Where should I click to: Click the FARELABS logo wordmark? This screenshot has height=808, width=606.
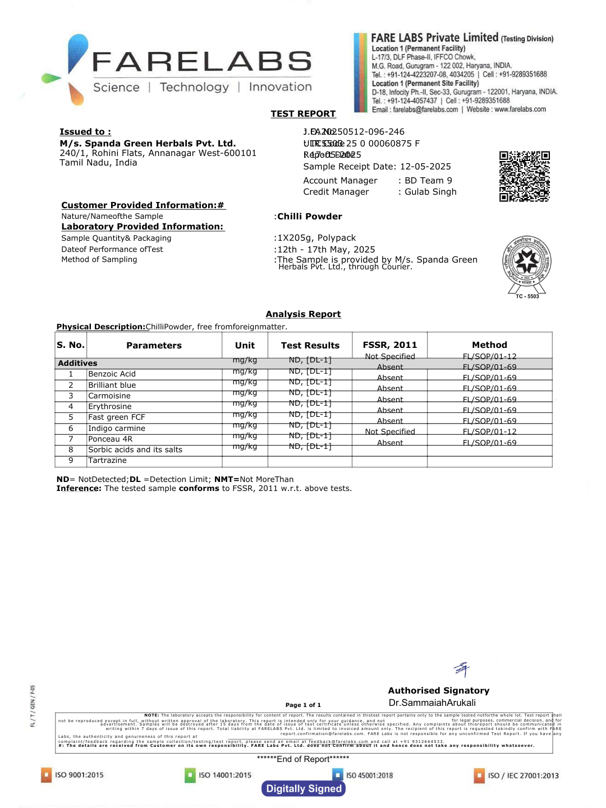pyautogui.click(x=201, y=62)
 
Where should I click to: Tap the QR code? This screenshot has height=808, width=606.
pyautogui.click(x=524, y=176)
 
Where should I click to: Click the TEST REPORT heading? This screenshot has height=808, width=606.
pyautogui.click(x=303, y=114)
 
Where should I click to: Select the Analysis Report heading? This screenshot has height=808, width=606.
pyautogui.click(x=303, y=314)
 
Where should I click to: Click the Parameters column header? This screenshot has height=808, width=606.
pyautogui.click(x=154, y=346)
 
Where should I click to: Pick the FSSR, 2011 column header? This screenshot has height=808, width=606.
pyautogui.click(x=389, y=345)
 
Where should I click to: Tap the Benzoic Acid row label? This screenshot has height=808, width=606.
pyautogui.click(x=112, y=374)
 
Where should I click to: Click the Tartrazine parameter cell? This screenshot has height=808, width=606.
pyautogui.click(x=107, y=461)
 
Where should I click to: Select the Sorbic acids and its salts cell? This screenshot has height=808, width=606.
pyautogui.click(x=135, y=450)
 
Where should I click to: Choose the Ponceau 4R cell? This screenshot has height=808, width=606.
pyautogui.click(x=110, y=439)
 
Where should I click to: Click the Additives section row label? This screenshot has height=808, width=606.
pyautogui.click(x=77, y=364)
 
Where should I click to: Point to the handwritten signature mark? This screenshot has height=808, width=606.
pyautogui.click(x=462, y=669)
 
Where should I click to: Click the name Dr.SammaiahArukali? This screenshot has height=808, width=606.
pyautogui.click(x=432, y=703)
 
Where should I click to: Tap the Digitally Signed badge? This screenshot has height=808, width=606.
pyautogui.click(x=304, y=789)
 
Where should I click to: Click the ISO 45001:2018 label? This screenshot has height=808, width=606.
pyautogui.click(x=369, y=775)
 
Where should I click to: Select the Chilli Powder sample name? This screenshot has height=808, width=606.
pyautogui.click(x=309, y=217)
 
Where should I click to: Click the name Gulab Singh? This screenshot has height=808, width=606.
pyautogui.click(x=430, y=192)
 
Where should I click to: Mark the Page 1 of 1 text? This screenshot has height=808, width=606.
pyautogui.click(x=303, y=705)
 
